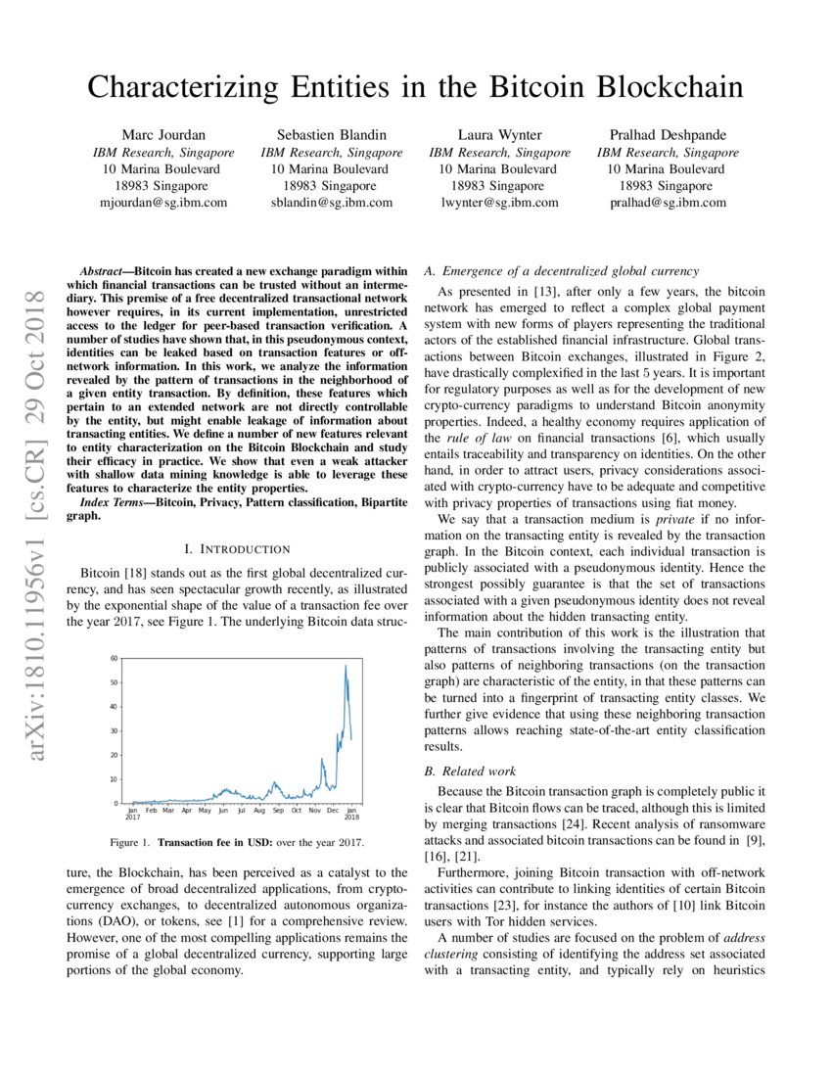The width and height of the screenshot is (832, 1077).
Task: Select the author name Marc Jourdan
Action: [x=163, y=134]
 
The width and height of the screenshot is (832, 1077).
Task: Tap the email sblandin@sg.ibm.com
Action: [x=331, y=203]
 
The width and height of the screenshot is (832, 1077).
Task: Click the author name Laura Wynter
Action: [x=499, y=134]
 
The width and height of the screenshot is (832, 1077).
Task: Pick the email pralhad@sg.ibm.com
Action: [x=668, y=203]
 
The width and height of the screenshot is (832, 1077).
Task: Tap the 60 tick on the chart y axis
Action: [x=115, y=659]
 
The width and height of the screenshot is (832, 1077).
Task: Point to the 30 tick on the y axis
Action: [x=115, y=731]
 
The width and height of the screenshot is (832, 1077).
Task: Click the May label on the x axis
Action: [x=205, y=812]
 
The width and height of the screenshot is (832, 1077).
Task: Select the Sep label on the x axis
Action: [x=278, y=812]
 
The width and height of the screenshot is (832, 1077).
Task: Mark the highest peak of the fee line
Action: [x=345, y=666]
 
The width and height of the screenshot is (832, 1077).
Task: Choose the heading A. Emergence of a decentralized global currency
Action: [x=561, y=270]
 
